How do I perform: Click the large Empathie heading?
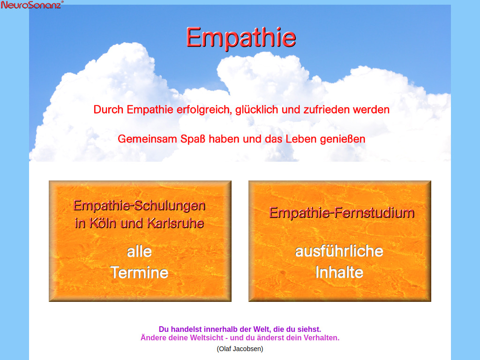pos(241,37)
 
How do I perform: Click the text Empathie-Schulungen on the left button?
pos(140,205)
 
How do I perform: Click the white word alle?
pos(139,252)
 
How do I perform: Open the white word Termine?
pos(139,272)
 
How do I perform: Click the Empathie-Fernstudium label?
pos(342,213)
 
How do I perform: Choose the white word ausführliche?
pos(339,251)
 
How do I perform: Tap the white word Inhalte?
pos(339,272)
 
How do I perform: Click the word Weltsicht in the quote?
pos(209,337)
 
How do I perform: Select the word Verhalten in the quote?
pos(321,337)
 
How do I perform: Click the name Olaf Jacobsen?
pos(240,349)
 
